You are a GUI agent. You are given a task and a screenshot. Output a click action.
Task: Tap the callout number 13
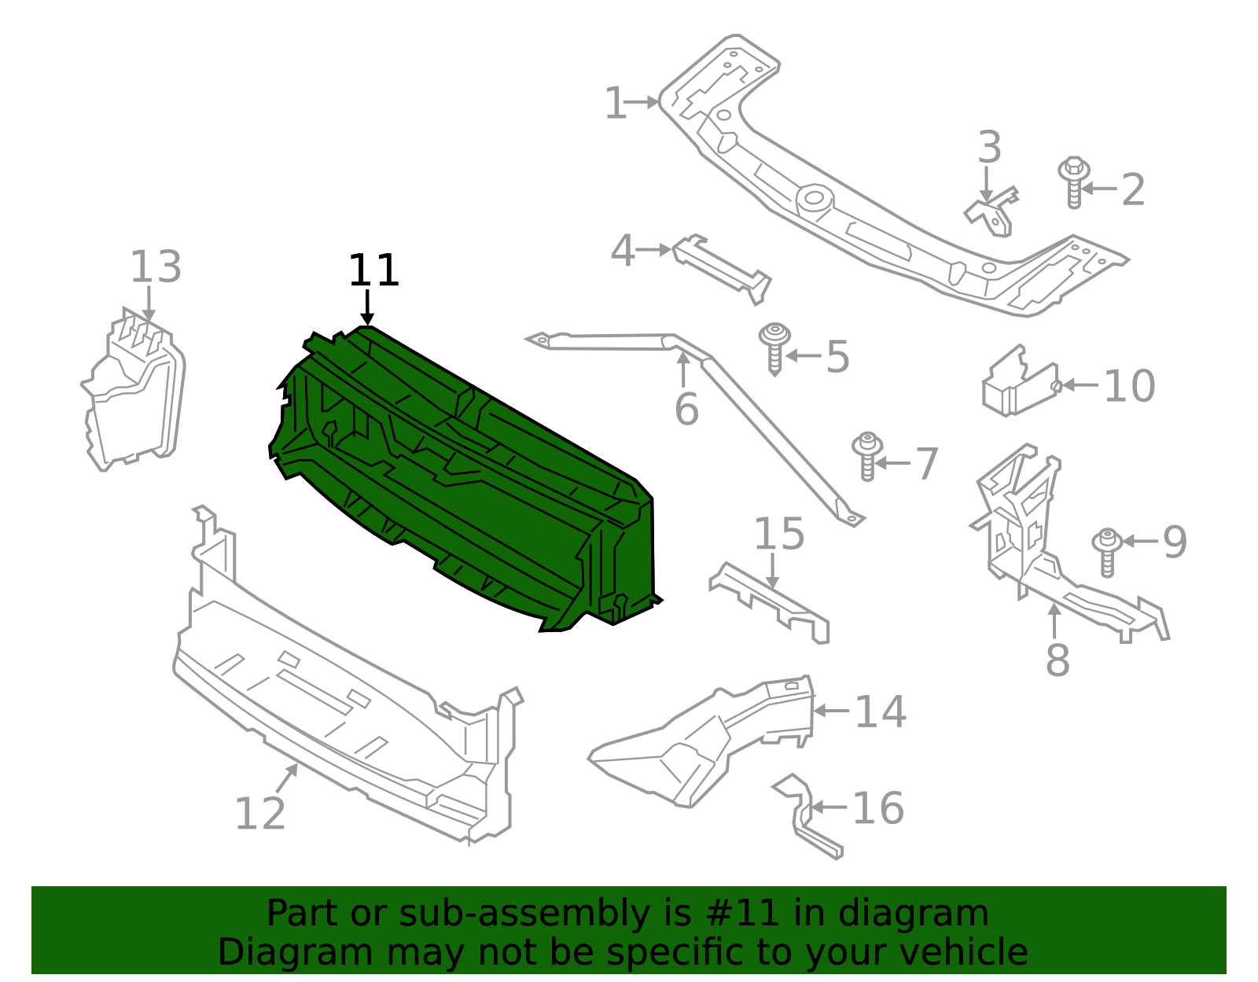point(156,267)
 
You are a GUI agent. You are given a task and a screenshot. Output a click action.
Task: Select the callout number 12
point(260,814)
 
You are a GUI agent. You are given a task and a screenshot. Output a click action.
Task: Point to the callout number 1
point(615,104)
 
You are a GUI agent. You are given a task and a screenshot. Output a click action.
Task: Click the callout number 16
point(878,808)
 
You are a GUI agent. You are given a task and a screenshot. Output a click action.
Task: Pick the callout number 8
point(1058,660)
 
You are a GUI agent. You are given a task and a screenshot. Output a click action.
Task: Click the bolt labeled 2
point(1073,182)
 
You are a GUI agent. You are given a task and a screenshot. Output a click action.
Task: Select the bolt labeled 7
point(867,455)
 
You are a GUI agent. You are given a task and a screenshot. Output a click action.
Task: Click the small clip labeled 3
point(993,212)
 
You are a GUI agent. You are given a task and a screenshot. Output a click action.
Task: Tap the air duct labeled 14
point(700,739)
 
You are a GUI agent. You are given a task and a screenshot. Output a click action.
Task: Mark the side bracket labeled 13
point(134,393)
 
